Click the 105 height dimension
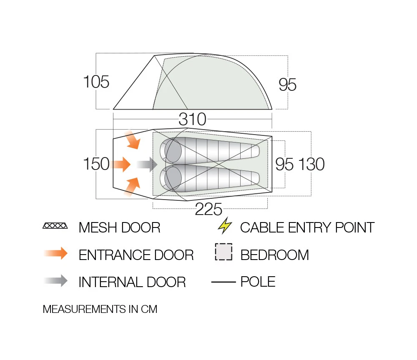pos(96,82)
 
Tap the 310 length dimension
pos(192,119)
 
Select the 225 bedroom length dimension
pos(208,209)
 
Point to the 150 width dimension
pos(96,164)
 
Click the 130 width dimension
pos(311,164)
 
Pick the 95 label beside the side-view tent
pos(287,85)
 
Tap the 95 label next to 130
pos(284,164)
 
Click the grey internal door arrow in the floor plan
pos(147,165)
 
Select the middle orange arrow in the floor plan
pos(121,164)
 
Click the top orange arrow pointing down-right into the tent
pos(133,140)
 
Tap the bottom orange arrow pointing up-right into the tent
pos(132,187)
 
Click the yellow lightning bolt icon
pos(225,226)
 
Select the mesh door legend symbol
pos(55,226)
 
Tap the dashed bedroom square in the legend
pos(224,252)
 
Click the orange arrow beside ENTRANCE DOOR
pos(55,253)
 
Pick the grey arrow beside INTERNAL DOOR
pos(55,280)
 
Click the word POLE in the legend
pos(258,282)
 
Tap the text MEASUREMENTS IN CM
pos(100,309)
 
